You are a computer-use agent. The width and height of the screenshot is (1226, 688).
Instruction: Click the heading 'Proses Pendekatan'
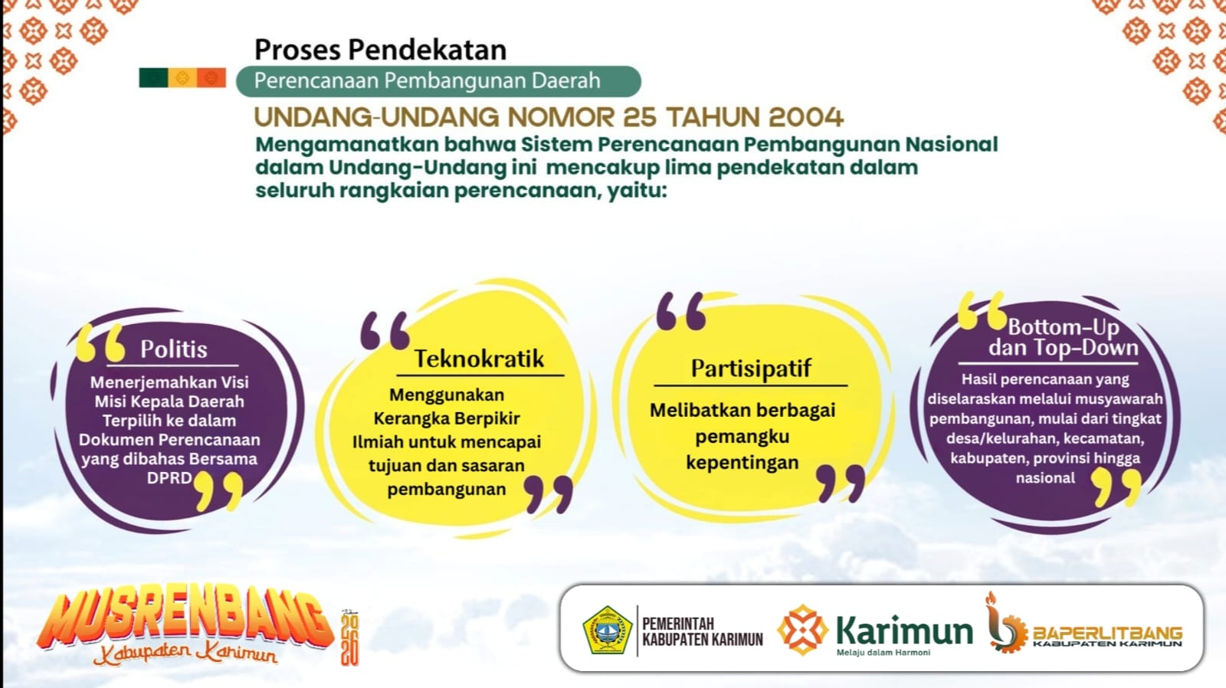[380, 50]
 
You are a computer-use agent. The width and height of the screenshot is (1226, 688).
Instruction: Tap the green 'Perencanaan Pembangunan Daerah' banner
[438, 81]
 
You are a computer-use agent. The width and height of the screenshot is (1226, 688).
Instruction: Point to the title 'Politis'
[173, 349]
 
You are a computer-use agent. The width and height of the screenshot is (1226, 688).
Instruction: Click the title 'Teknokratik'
[479, 359]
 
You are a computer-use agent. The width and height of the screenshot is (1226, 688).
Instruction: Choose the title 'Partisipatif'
[751, 369]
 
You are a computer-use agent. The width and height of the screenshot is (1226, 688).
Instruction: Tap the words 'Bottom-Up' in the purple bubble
[1064, 327]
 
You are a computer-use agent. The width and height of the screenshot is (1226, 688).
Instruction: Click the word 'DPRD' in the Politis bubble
[169, 478]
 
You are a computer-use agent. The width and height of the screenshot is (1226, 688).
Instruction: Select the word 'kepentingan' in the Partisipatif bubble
[742, 463]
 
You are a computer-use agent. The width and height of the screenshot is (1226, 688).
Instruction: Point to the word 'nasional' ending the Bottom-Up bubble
[1045, 478]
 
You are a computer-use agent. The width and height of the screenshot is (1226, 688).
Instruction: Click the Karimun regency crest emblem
[606, 630]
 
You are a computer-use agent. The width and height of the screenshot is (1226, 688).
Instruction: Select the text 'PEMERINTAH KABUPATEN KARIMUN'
[702, 631]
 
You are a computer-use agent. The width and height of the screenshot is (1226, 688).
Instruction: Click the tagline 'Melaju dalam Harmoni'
[883, 653]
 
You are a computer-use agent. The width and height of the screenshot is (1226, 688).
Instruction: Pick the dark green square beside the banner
[153, 77]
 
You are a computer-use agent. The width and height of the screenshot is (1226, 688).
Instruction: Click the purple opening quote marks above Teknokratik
[385, 330]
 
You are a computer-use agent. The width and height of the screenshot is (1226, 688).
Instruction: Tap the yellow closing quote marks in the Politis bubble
[218, 492]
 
